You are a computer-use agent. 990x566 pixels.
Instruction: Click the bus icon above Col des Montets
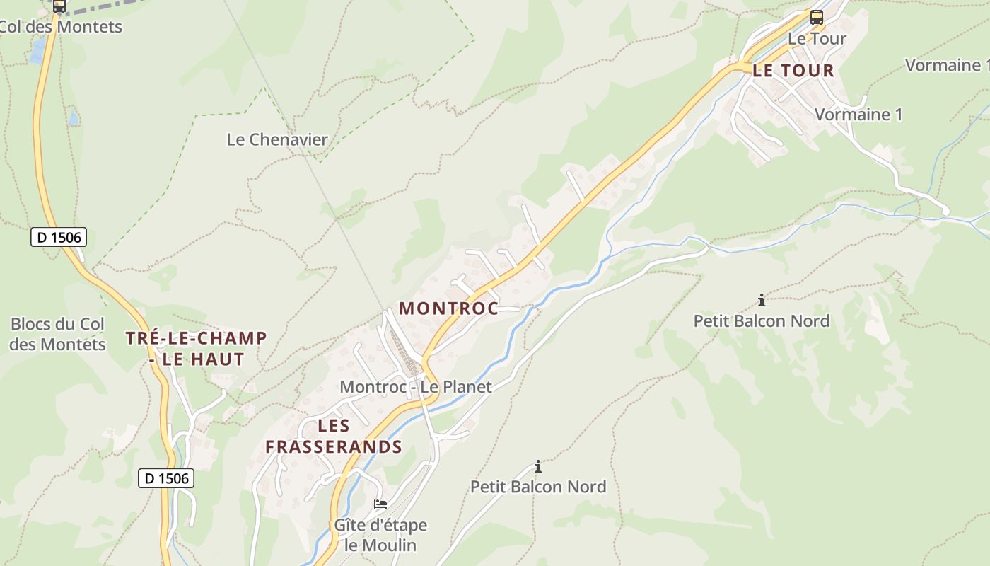[59, 6]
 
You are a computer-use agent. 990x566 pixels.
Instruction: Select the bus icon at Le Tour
[817, 18]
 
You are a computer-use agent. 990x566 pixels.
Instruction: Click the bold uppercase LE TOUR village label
[793, 71]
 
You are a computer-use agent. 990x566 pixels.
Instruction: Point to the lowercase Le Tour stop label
[817, 39]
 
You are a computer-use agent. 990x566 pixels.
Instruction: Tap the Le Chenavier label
[277, 139]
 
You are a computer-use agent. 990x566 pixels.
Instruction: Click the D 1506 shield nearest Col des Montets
[59, 237]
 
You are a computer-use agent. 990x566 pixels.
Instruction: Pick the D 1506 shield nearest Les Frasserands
[165, 478]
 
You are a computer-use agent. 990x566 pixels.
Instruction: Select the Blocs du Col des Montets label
[58, 335]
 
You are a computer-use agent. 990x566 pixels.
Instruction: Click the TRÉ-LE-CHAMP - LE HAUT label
[197, 349]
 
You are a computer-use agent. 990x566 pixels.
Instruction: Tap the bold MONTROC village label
[449, 308]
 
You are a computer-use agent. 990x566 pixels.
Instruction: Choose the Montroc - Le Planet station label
[416, 387]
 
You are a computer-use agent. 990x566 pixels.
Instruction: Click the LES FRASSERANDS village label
[334, 437]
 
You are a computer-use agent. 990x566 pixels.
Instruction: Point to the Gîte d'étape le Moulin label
[380, 535]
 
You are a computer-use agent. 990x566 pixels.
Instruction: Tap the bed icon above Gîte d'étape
[380, 504]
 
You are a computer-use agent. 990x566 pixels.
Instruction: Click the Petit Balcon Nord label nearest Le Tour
[761, 321]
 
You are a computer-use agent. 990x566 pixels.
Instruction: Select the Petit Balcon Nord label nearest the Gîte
[538, 487]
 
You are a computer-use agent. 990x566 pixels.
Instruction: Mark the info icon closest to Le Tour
[761, 300]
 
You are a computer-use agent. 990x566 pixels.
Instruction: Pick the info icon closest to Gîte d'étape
[538, 466]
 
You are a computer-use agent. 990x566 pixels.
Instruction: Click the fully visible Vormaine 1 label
[858, 115]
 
